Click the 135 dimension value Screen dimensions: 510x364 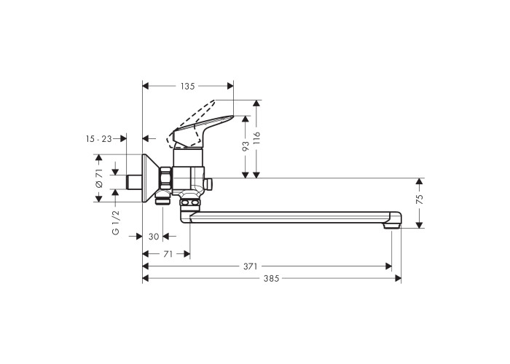[188, 86]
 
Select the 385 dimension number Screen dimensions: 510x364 [271, 279]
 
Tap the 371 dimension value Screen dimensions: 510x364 [250, 266]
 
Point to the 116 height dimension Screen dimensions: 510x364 [257, 139]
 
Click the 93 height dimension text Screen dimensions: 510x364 [246, 146]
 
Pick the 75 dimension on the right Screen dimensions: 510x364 [420, 199]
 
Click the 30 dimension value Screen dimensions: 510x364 [154, 237]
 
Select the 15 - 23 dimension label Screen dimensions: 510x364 [99, 139]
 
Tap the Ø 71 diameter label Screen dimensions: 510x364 [99, 178]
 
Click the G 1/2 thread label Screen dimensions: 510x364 [116, 222]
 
